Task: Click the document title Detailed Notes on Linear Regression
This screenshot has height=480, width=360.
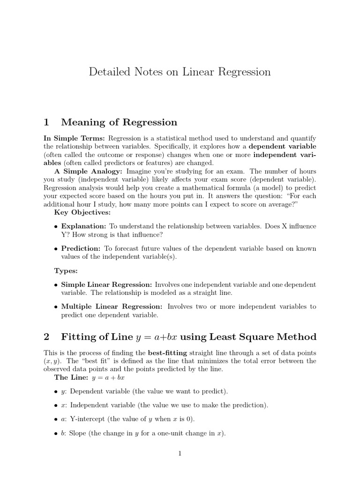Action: click(x=180, y=72)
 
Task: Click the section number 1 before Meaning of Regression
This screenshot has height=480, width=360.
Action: click(x=46, y=122)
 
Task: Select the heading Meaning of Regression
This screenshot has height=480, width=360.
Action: click(x=119, y=122)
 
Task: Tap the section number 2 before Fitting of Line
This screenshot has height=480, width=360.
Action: click(x=46, y=337)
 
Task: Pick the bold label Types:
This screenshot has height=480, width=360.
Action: click(x=66, y=271)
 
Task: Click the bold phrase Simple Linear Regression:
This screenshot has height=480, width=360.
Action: click(x=106, y=285)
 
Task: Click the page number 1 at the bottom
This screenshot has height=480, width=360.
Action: click(x=180, y=453)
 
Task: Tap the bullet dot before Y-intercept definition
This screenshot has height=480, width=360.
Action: click(x=56, y=419)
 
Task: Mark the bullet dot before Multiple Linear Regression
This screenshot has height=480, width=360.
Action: click(x=56, y=307)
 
